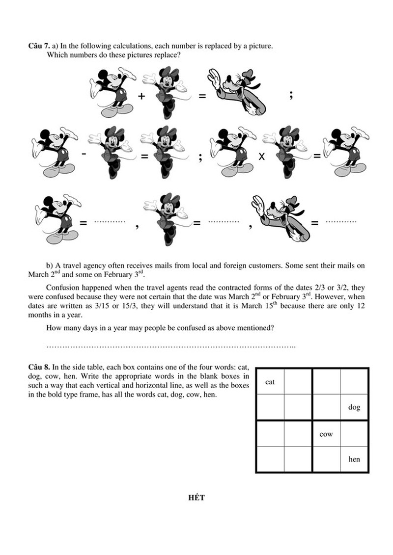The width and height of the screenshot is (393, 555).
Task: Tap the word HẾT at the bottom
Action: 196,498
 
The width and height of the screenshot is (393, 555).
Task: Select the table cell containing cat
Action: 270,382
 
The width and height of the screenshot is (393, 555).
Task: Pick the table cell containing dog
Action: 354,407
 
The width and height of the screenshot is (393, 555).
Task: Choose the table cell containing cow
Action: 326,434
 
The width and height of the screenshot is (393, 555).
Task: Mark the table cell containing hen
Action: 354,459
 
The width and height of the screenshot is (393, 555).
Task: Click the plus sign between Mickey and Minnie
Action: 142,97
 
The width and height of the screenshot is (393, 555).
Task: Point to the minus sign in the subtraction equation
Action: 84,154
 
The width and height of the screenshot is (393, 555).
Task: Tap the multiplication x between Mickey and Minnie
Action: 262,157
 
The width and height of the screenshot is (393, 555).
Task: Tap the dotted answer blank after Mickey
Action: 110,222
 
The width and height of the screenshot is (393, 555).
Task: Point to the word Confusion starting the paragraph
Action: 62,288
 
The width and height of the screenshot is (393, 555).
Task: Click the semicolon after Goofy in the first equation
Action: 292,96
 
